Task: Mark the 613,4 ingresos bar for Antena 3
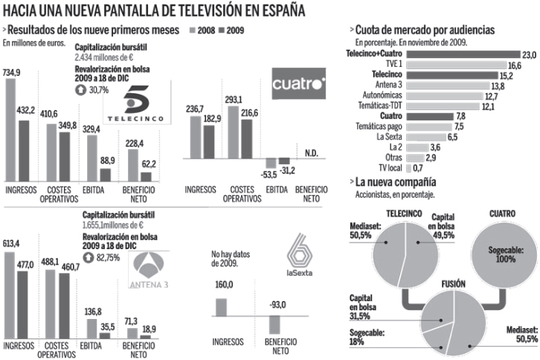pyautogui.click(x=10, y=296)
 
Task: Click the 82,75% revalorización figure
pyautogui.click(x=101, y=257)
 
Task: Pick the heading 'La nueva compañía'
pyautogui.click(x=395, y=181)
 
